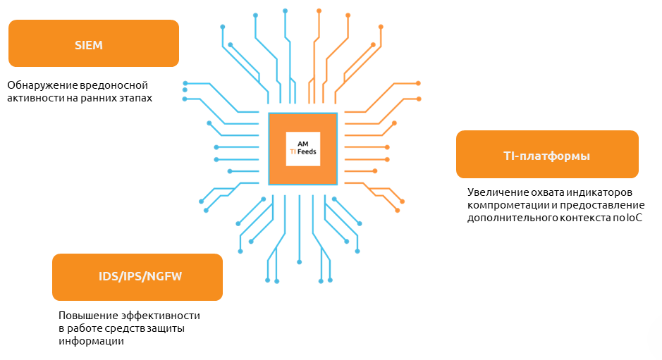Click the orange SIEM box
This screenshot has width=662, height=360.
[x=93, y=44]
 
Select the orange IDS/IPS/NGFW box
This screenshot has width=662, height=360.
[x=137, y=277]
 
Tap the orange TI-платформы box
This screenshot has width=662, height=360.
[x=547, y=154]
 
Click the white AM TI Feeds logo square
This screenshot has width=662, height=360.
[x=303, y=149]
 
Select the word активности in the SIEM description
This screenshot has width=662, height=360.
[x=33, y=98]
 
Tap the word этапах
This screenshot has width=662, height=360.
[x=134, y=98]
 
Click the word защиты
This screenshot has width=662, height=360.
[x=176, y=329]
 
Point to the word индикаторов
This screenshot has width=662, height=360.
[x=603, y=192]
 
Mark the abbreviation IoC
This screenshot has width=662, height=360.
[x=635, y=218]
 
